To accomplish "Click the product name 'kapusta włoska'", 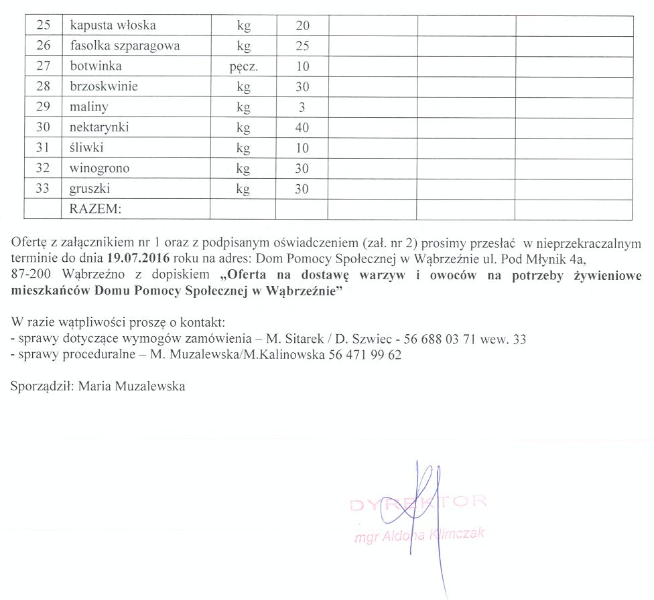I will point(113,25).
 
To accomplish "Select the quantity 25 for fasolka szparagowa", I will point(302,46).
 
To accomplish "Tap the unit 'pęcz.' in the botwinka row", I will point(243,67).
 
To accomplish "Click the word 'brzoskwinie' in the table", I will point(104,87).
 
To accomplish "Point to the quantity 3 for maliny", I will point(302,107).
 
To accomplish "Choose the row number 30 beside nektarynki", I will point(43,127).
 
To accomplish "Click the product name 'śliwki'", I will point(86,148).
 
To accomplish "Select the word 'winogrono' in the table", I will point(101,168).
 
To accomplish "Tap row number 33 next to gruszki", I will point(43,189).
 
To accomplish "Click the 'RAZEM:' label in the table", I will point(95,210).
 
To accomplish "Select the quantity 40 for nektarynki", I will point(302,127).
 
